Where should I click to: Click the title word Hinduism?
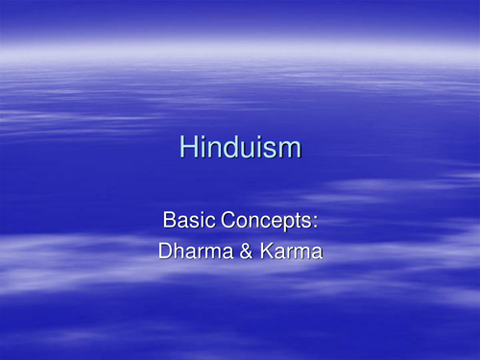[240, 148]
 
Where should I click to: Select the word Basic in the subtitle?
[184, 220]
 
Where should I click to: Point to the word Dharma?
[196, 252]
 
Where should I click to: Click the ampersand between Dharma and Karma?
[243, 252]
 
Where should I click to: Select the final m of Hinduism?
[290, 150]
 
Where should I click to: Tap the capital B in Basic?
[170, 220]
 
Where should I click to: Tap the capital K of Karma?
[260, 252]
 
